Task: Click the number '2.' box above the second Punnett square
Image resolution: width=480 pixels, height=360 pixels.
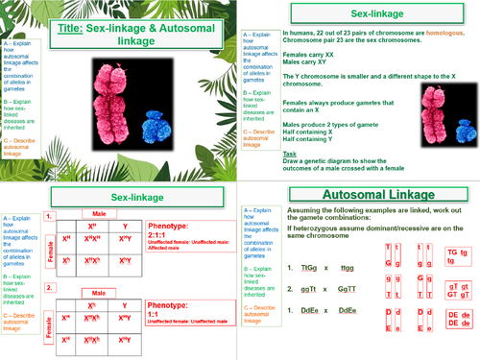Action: pos(51,287)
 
